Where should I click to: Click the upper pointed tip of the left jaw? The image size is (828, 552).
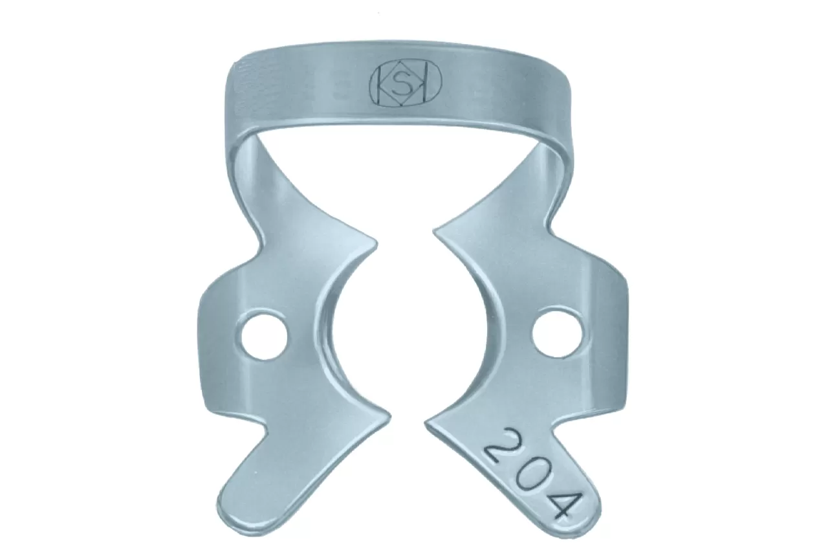point(377,244)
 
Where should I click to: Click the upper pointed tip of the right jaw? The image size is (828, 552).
point(435,232)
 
